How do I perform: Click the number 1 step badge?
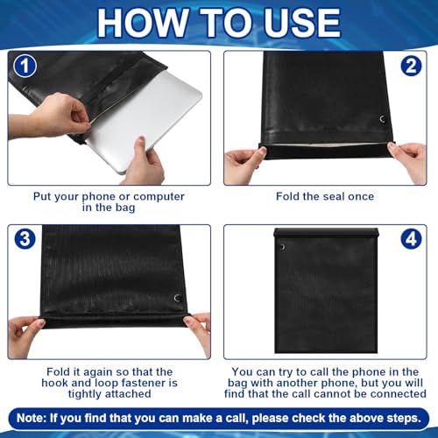pos(25,66)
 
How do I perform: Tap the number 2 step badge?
pos(411,66)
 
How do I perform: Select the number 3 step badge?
pos(25,239)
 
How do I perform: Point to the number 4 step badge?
pos(411,239)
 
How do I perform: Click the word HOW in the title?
pos(142,23)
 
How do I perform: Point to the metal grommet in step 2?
pos(382,119)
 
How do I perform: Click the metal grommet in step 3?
pos(177,298)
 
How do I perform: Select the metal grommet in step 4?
pos(282,247)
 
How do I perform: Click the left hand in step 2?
pos(245,164)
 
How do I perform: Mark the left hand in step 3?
pos(25,336)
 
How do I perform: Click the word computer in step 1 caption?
pos(159,197)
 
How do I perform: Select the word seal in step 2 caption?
pos(331,196)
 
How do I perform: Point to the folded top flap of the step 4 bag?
pos(326,233)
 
